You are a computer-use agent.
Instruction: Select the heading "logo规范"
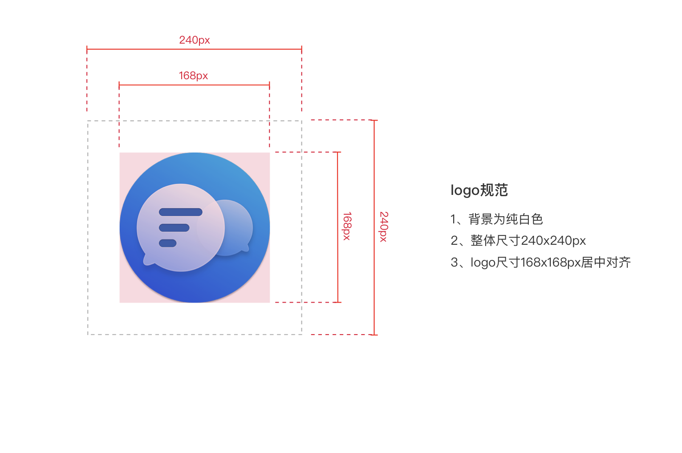coord(479,190)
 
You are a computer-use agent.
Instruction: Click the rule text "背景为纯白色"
coord(506,219)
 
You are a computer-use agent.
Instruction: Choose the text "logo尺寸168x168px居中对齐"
coord(551,262)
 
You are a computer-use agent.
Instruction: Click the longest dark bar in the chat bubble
coord(181,212)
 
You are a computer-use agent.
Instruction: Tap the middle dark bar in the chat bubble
coord(174,228)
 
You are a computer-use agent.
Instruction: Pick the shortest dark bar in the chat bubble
coord(168,243)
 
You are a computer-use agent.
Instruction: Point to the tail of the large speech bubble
coord(147,261)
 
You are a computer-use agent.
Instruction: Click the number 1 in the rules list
coord(453,219)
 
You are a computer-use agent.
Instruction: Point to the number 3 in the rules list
coord(454,263)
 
